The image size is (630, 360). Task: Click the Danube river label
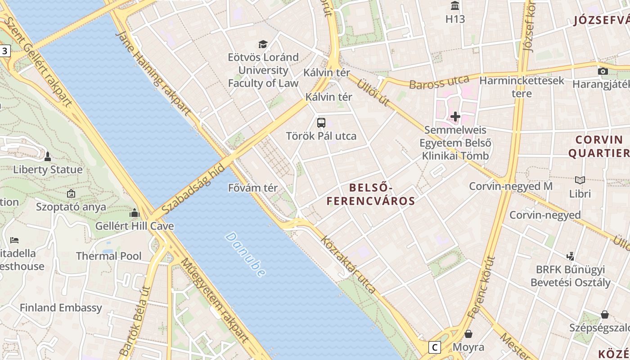click(x=246, y=254)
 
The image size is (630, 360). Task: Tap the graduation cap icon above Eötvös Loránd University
click(x=263, y=44)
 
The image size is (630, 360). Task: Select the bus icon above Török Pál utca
click(x=321, y=122)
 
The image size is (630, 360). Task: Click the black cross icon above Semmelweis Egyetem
click(x=455, y=117)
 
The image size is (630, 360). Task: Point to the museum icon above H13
click(x=455, y=6)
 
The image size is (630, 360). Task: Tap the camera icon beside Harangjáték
click(x=603, y=71)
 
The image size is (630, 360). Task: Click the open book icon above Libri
click(x=580, y=180)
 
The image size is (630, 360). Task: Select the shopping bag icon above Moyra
click(x=468, y=334)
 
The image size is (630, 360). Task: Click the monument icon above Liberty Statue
click(x=48, y=157)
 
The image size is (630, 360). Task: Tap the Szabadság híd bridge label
click(x=193, y=189)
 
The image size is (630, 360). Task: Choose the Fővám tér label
click(x=253, y=188)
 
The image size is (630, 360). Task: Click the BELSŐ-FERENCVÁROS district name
click(x=371, y=194)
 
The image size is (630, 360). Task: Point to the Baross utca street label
click(x=439, y=83)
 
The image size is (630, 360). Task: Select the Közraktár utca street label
click(x=347, y=264)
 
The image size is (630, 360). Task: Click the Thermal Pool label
click(x=108, y=256)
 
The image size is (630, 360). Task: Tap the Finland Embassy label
click(x=61, y=308)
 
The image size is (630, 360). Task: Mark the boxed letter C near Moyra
click(x=434, y=347)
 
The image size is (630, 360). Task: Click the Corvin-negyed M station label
click(x=511, y=186)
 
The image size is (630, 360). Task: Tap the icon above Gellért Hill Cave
click(x=135, y=213)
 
